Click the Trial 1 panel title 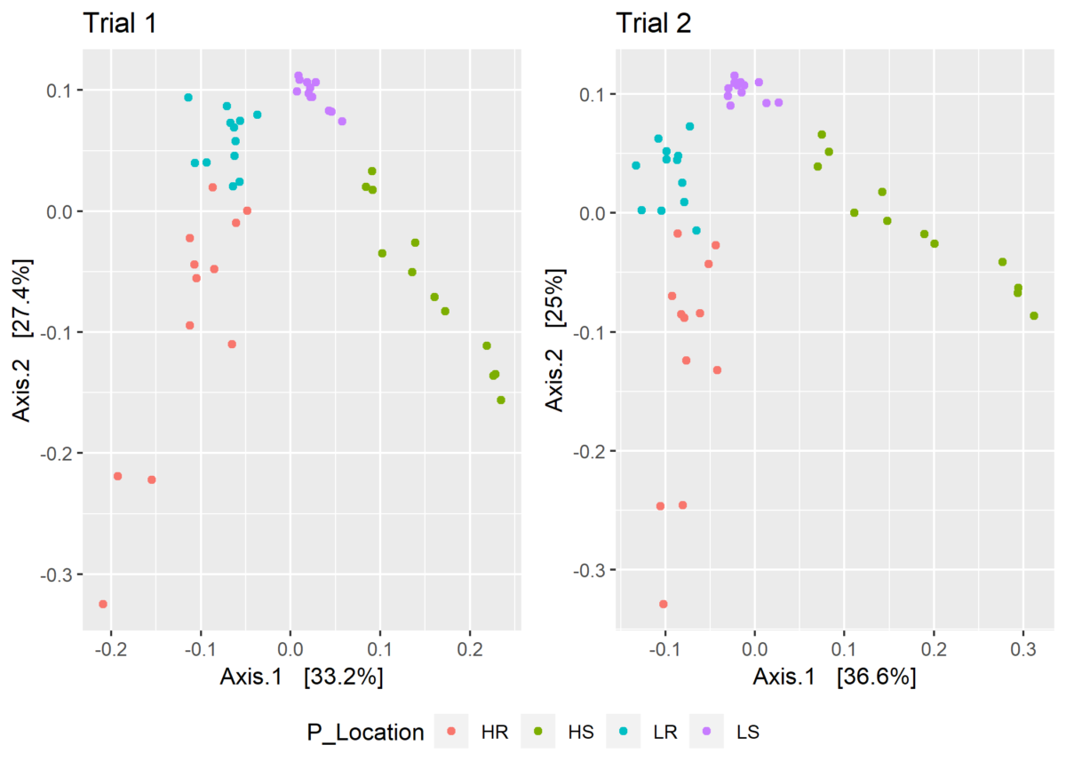120,24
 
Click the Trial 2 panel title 653,24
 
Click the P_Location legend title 361,733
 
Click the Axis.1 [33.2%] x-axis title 301,678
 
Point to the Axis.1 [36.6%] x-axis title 834,678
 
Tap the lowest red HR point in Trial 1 103,604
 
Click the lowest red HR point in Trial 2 663,604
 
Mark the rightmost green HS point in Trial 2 1034,315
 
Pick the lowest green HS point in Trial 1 501,400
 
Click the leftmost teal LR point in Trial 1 188,98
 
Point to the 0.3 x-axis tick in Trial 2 1022,650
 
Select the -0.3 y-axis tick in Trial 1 59,575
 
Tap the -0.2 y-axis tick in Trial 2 592,451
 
